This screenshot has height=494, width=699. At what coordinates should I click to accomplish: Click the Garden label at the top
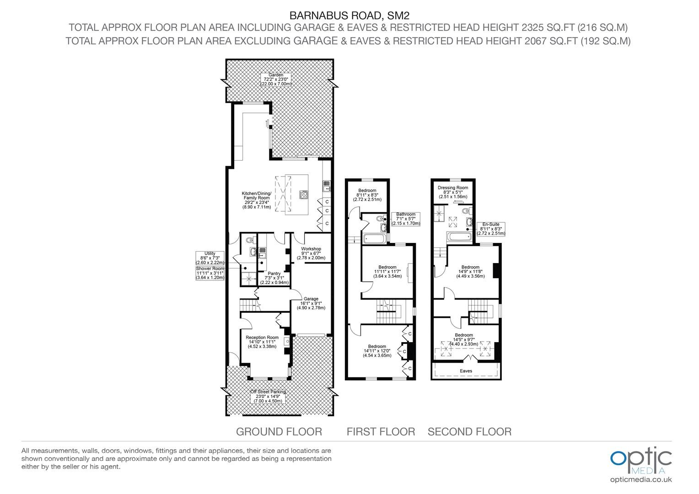(276, 80)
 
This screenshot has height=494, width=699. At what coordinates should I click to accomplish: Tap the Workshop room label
(311, 253)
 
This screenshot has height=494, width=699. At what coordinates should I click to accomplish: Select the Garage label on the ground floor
(311, 303)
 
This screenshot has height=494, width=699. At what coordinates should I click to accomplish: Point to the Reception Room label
(262, 342)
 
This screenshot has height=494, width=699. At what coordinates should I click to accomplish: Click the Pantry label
(274, 278)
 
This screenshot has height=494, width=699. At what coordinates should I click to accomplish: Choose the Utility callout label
(210, 258)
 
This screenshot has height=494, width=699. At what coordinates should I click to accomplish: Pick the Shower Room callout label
(210, 273)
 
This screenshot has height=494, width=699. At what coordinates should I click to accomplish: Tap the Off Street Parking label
(268, 396)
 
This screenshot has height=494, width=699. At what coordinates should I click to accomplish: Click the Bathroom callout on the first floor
(406, 219)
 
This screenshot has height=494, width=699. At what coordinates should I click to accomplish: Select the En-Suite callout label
(491, 229)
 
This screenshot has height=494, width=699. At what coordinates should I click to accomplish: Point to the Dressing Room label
(453, 192)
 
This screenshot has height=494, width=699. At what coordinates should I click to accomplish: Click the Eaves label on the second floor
(466, 371)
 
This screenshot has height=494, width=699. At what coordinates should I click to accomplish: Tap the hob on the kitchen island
(304, 195)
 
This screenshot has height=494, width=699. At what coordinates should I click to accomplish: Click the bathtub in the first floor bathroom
(374, 238)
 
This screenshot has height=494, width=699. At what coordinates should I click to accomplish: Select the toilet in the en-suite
(467, 211)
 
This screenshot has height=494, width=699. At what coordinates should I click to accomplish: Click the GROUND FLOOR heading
(279, 432)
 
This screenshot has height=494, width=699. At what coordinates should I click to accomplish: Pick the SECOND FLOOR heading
(470, 432)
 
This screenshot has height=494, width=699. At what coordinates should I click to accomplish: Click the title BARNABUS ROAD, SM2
(349, 15)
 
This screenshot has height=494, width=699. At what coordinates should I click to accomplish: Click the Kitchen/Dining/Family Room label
(257, 200)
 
